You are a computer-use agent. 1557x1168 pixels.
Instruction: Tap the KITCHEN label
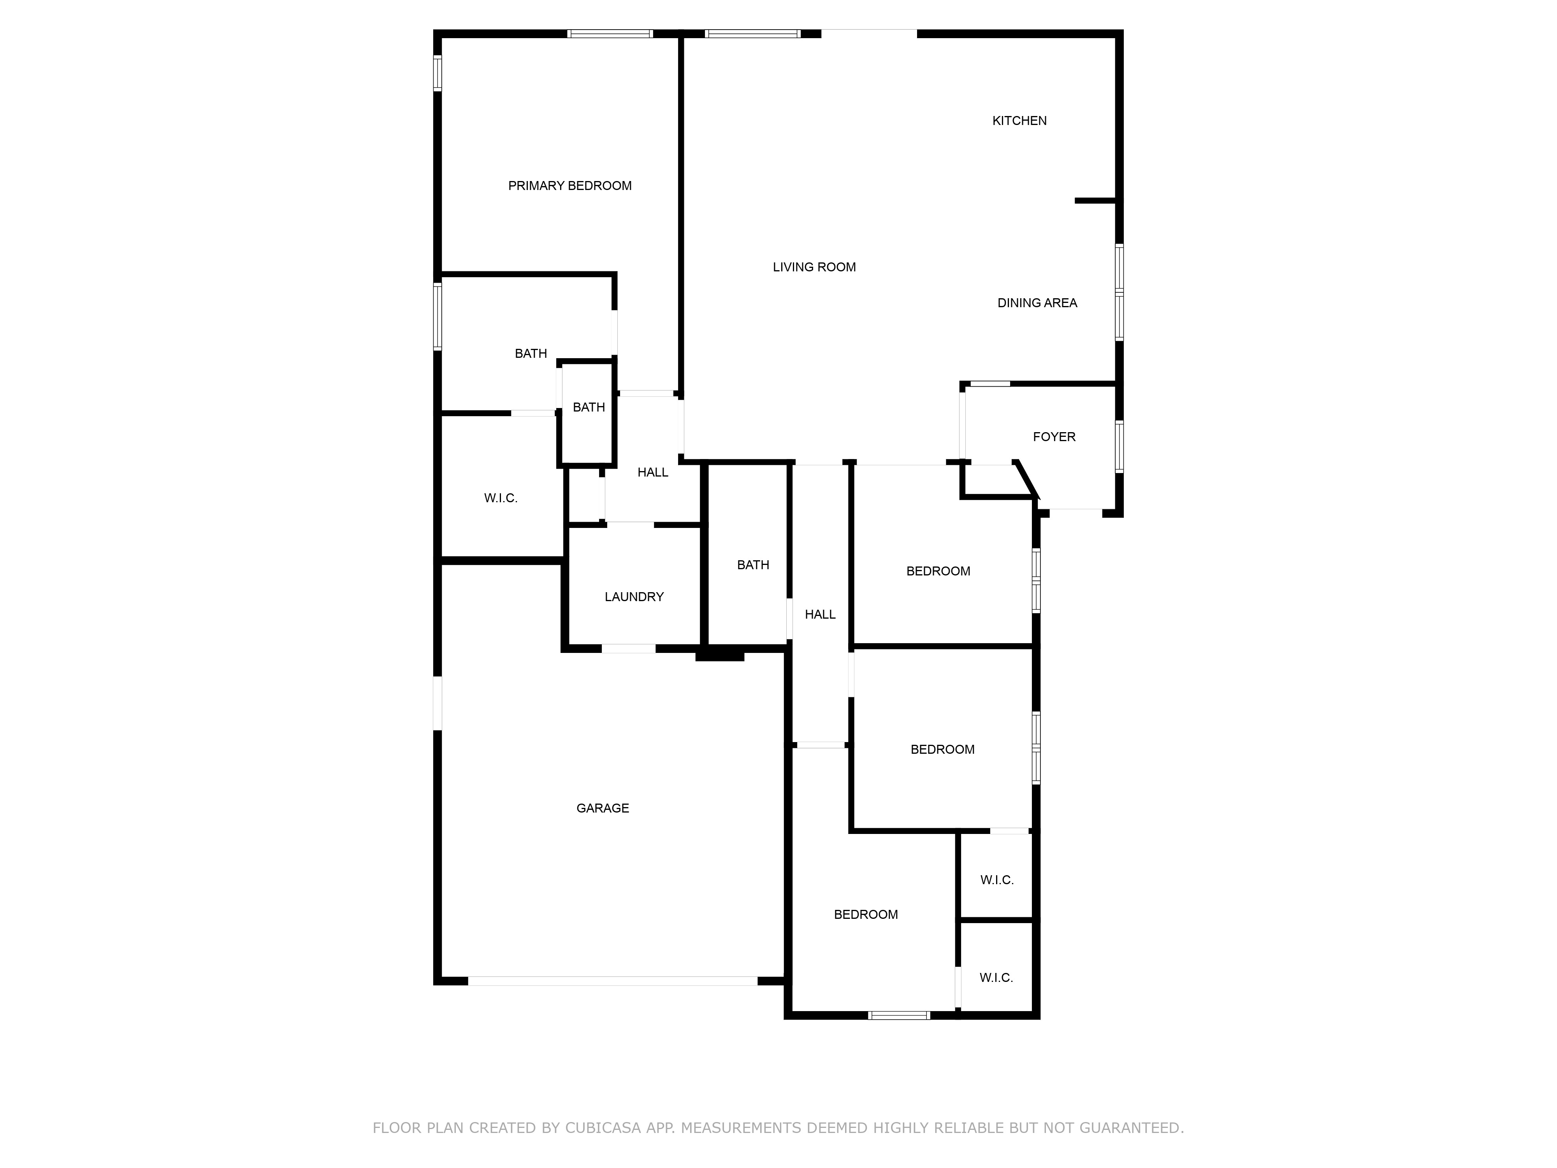[x=1019, y=121]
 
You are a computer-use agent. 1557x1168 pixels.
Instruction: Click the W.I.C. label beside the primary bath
[x=501, y=498]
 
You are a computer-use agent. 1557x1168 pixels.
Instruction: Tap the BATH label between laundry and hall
[x=752, y=565]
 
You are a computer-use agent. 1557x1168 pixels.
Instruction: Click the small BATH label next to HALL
[x=589, y=408]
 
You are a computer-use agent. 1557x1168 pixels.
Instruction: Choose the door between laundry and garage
[x=628, y=648]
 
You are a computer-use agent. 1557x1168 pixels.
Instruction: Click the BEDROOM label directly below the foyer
[x=938, y=572]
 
